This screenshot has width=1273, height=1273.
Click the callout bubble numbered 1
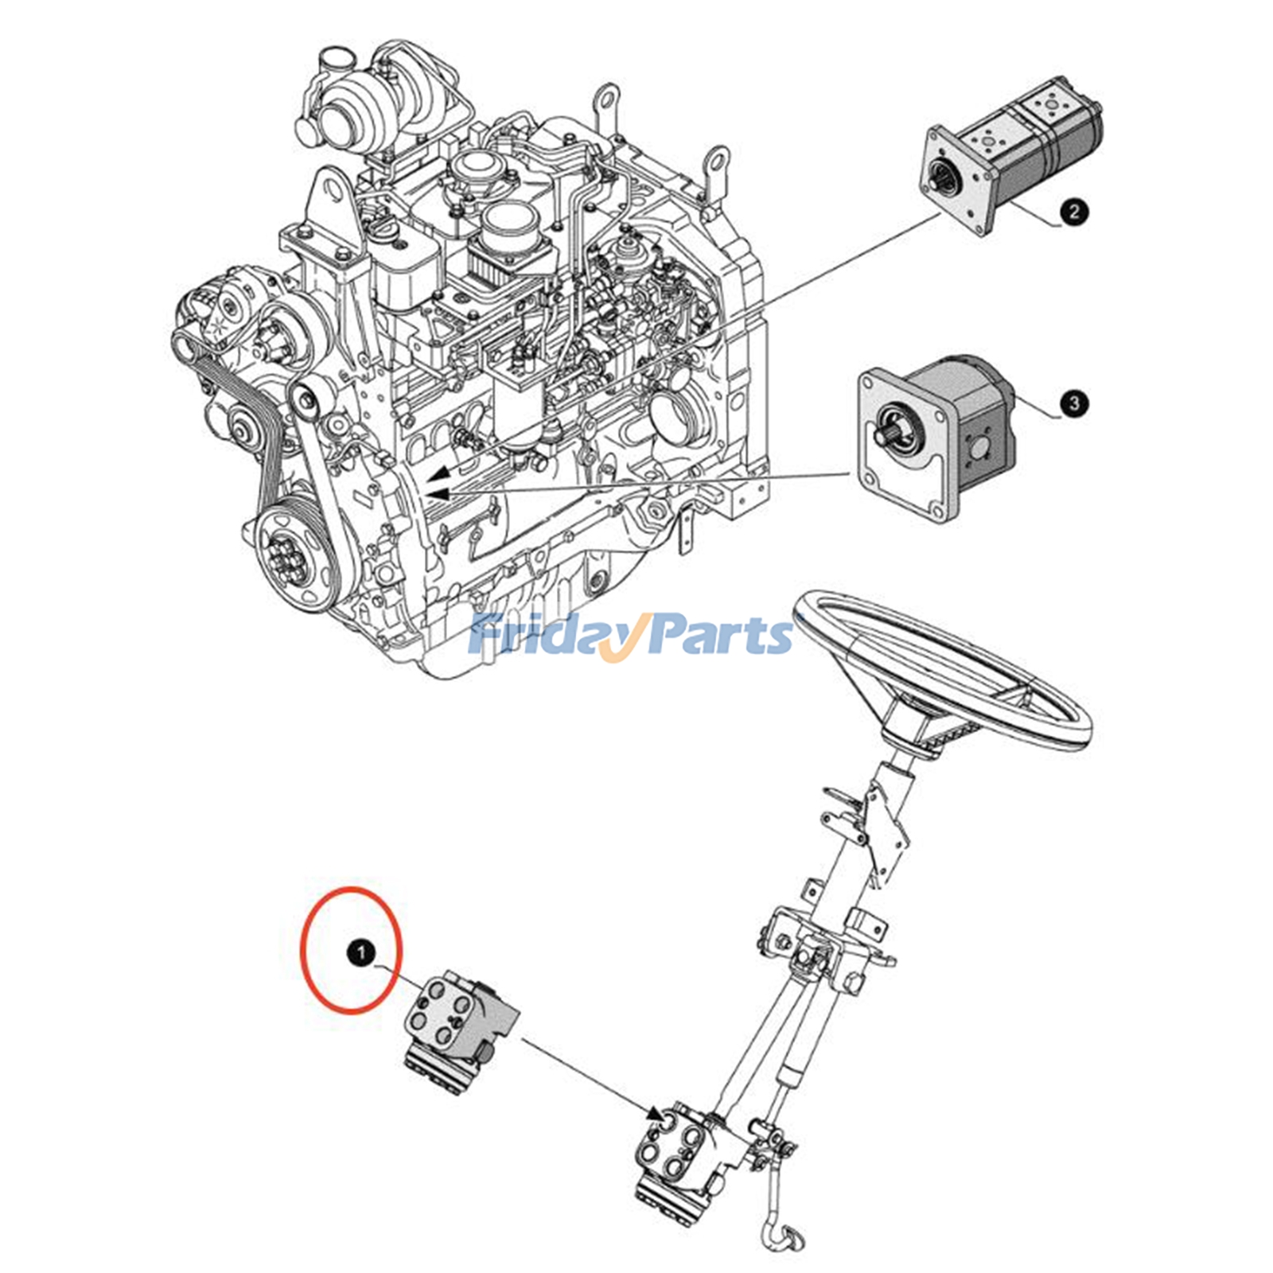coord(361,952)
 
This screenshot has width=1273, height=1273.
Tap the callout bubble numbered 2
coord(1074,212)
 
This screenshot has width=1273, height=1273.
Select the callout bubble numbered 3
coord(1074,403)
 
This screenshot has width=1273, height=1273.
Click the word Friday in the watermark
coord(541,636)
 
